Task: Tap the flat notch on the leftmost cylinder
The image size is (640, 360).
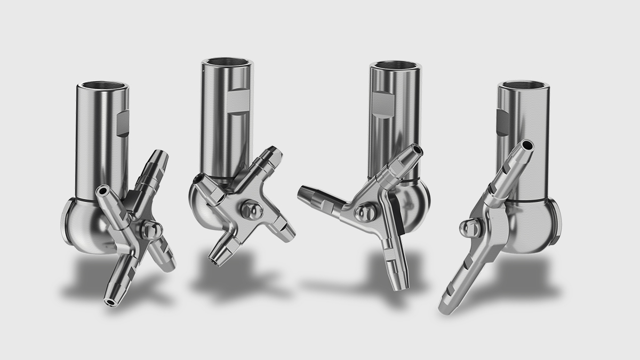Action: tap(122, 124)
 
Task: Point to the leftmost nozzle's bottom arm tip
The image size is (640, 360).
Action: tap(111, 302)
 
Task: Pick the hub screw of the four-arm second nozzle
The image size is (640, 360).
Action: tap(250, 209)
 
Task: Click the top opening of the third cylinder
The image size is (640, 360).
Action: tap(396, 67)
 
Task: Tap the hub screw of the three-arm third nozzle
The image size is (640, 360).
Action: tap(365, 213)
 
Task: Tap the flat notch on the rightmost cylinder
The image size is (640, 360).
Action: tap(503, 122)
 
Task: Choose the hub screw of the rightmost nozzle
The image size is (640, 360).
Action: tap(468, 228)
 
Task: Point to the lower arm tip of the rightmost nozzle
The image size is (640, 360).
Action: tap(444, 308)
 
